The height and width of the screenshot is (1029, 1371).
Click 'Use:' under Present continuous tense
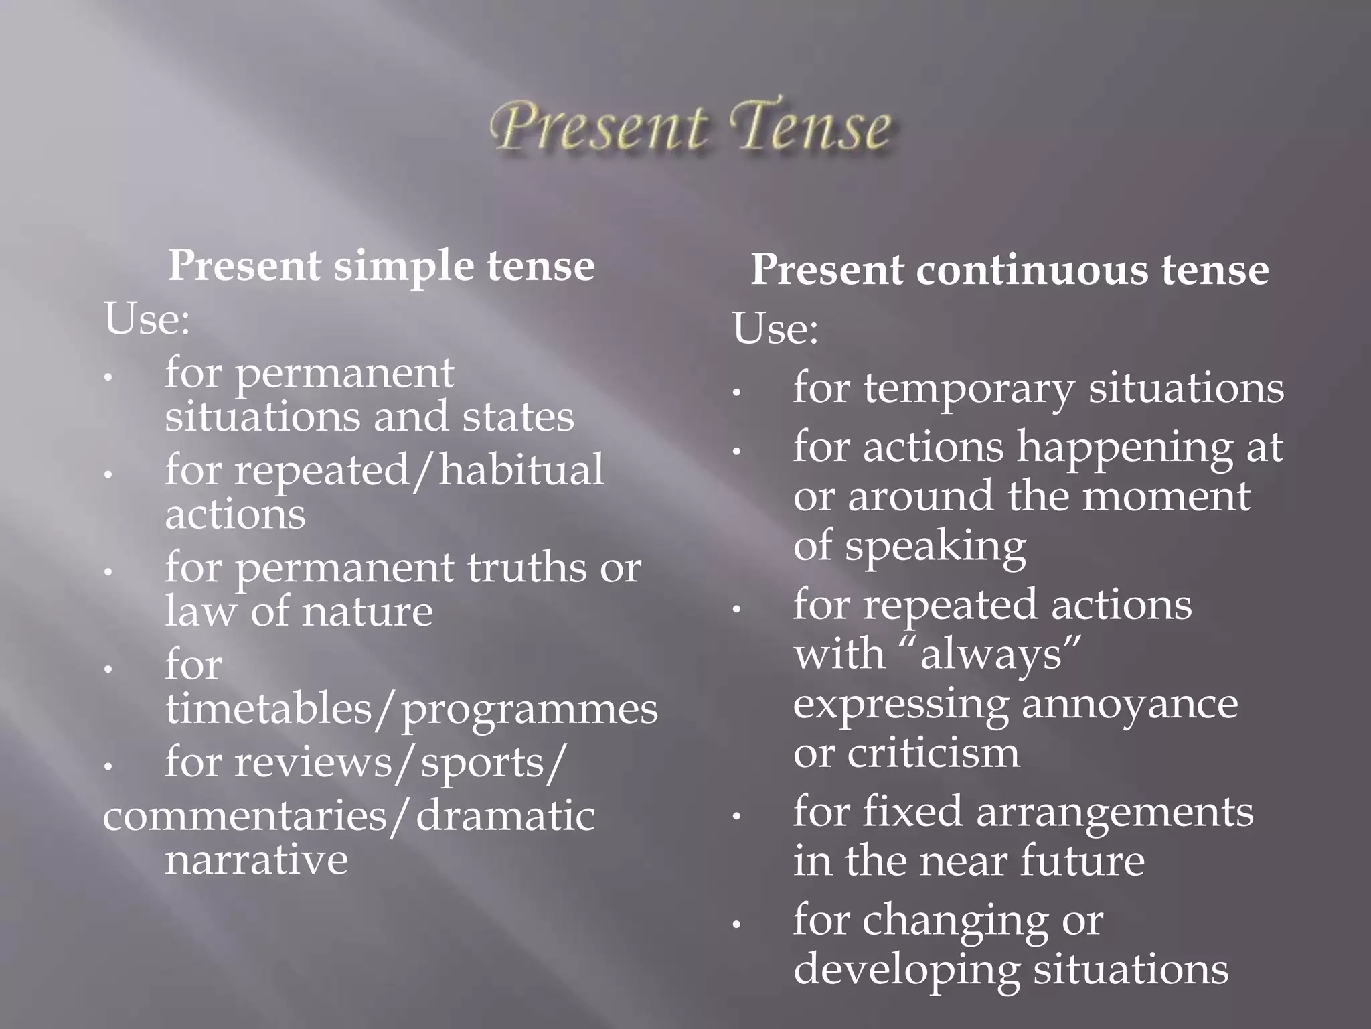(775, 329)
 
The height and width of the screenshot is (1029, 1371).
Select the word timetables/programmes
(412, 709)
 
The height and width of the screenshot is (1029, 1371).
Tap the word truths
(526, 568)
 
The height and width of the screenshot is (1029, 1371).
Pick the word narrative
(256, 860)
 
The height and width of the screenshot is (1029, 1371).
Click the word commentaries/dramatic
(349, 817)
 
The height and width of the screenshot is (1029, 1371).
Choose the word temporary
(969, 389)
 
